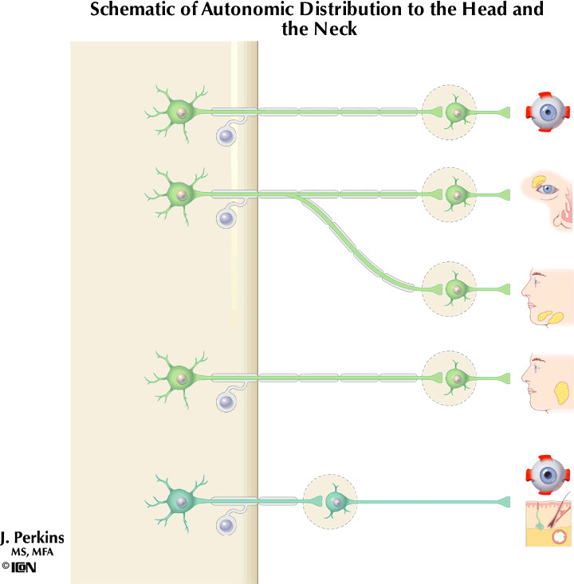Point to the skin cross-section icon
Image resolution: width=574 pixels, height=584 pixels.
pos(548,523)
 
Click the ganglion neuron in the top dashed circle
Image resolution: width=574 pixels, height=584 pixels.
pos(455,112)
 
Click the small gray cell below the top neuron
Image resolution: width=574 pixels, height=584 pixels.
pos(228,137)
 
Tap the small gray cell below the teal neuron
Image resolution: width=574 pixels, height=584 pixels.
pos(228,527)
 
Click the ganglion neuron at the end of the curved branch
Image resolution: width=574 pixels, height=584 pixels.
pos(455,288)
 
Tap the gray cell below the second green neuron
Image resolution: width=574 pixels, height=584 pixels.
pos(228,218)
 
